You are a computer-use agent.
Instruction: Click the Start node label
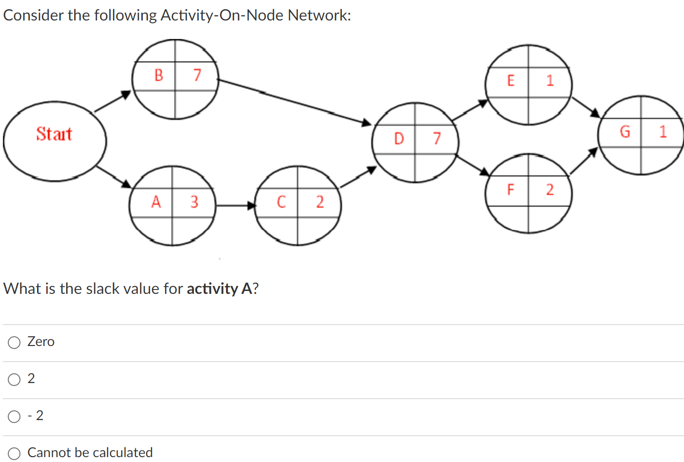click(54, 134)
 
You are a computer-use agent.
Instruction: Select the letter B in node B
click(158, 75)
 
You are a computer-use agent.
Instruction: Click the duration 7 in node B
click(197, 75)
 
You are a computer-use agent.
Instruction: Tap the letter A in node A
click(156, 202)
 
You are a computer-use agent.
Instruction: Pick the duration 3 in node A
click(194, 202)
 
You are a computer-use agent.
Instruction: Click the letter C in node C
click(281, 202)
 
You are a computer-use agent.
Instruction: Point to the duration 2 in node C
click(320, 202)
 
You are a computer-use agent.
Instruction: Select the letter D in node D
click(399, 139)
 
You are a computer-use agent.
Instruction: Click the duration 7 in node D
click(437, 139)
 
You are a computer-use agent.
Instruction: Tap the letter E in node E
click(511, 80)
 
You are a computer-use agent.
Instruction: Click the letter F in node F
click(511, 190)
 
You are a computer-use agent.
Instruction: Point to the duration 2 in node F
click(550, 190)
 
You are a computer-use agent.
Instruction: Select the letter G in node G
click(625, 132)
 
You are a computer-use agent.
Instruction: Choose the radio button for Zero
click(14, 343)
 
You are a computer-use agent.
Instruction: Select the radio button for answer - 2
click(14, 417)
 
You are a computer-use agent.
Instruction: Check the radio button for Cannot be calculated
click(14, 453)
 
